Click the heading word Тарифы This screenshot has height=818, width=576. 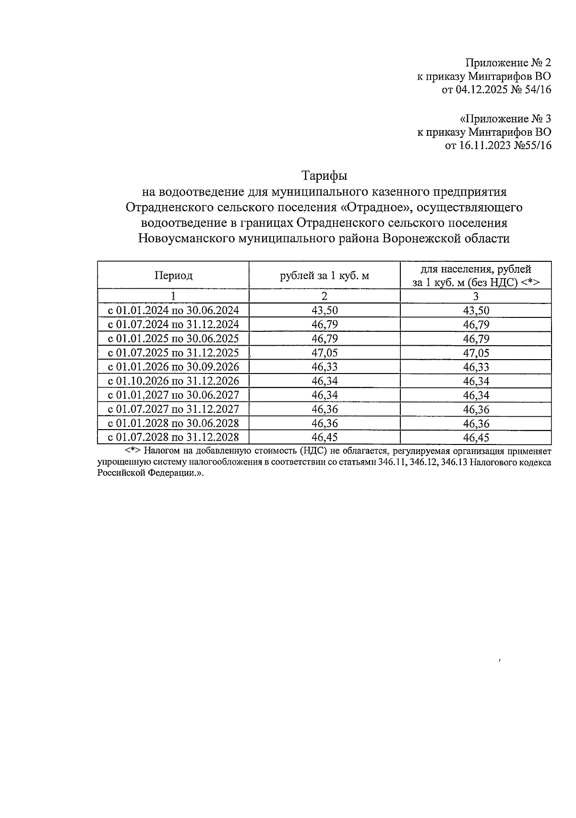324,175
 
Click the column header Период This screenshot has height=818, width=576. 173,276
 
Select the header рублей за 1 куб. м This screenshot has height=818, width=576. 324,276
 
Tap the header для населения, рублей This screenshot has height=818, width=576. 475,269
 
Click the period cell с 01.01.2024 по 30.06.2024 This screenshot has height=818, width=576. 173,310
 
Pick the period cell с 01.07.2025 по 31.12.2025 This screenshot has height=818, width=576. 173,353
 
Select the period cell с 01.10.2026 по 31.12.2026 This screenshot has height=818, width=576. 173,381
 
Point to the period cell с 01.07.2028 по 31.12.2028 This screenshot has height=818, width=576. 173,437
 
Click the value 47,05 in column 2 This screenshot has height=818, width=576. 324,353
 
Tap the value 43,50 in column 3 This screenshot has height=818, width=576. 476,310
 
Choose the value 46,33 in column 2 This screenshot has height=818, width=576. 324,367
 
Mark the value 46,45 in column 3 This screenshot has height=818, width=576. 476,437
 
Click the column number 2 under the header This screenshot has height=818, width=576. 324,296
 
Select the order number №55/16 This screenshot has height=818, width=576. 532,145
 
